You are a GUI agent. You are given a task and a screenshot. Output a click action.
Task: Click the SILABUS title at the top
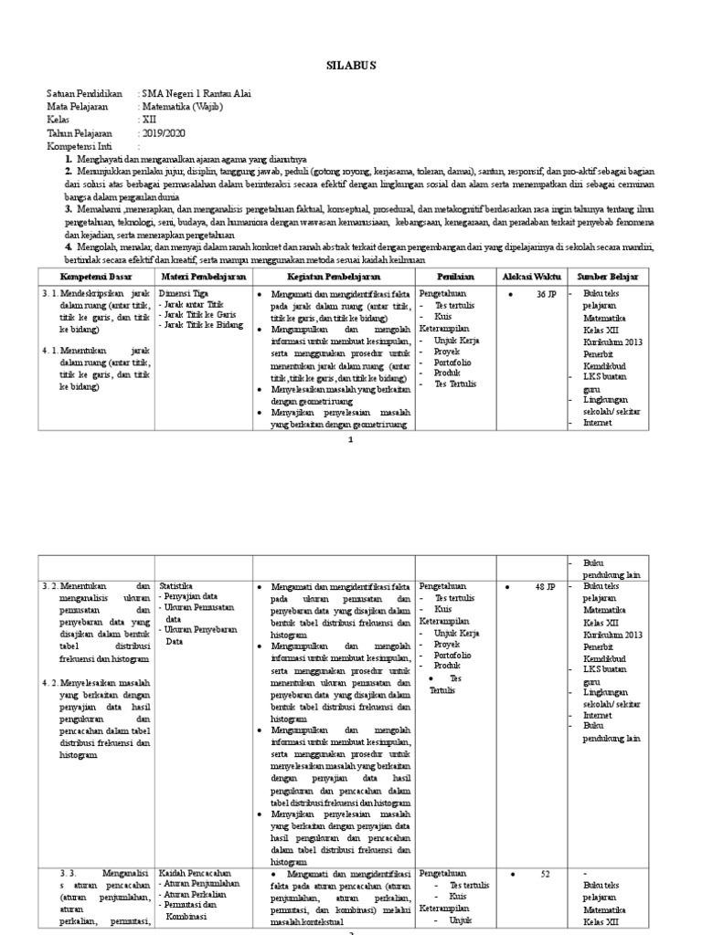click(351, 65)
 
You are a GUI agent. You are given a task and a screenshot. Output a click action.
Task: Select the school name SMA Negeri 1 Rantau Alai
click(196, 94)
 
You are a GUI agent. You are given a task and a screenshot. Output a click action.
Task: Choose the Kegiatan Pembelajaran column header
click(333, 276)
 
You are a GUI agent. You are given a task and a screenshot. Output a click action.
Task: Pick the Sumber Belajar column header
click(608, 276)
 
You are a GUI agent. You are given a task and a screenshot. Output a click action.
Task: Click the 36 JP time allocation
click(546, 294)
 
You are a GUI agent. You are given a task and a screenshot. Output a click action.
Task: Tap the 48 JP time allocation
click(546, 586)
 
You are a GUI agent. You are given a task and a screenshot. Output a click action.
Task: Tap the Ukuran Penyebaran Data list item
click(198, 636)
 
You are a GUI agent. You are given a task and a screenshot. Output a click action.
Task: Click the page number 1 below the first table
click(350, 440)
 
